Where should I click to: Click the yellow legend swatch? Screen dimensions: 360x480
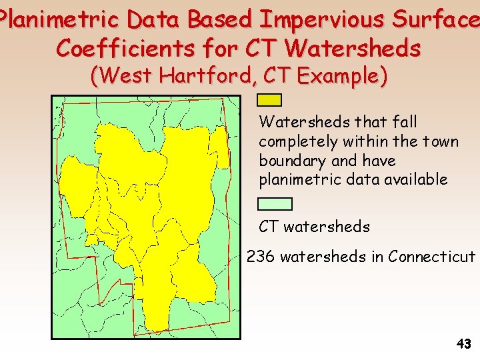click(x=269, y=100)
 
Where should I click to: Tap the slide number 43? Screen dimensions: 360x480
click(x=463, y=344)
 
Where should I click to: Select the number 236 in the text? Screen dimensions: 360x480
click(x=261, y=257)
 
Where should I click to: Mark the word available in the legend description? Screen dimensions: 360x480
click(x=413, y=179)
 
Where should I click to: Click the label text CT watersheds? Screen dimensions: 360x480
click(x=314, y=227)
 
